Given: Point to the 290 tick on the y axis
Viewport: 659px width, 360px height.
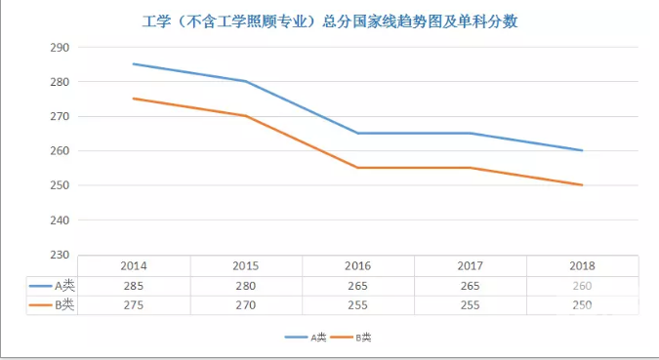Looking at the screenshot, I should pos(58,48).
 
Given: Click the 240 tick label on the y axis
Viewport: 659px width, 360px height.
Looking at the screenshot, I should pos(58,220).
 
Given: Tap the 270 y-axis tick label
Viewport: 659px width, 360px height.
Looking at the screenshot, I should pos(58,116).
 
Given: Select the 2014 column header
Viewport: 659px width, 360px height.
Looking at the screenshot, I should pos(134,265).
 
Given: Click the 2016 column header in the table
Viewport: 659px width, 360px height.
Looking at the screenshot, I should pos(358,265).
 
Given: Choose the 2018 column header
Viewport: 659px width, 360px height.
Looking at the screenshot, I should pos(581,265).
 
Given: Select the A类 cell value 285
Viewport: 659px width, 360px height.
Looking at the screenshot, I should pos(134,286).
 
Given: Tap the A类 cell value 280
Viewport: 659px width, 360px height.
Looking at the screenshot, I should pos(246,286).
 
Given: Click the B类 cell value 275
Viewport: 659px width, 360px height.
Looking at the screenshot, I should pos(134,305).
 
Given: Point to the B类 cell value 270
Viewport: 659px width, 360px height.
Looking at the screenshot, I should pos(246,305).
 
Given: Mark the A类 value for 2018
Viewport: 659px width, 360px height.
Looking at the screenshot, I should pos(581,286).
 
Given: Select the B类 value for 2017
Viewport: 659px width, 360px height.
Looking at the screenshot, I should pos(471,305).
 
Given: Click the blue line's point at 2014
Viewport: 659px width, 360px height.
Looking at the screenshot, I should pos(134,64).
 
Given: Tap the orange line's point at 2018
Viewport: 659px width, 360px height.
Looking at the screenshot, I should pos(582,184).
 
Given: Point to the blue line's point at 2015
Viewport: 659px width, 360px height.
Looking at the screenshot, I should pos(246,81).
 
